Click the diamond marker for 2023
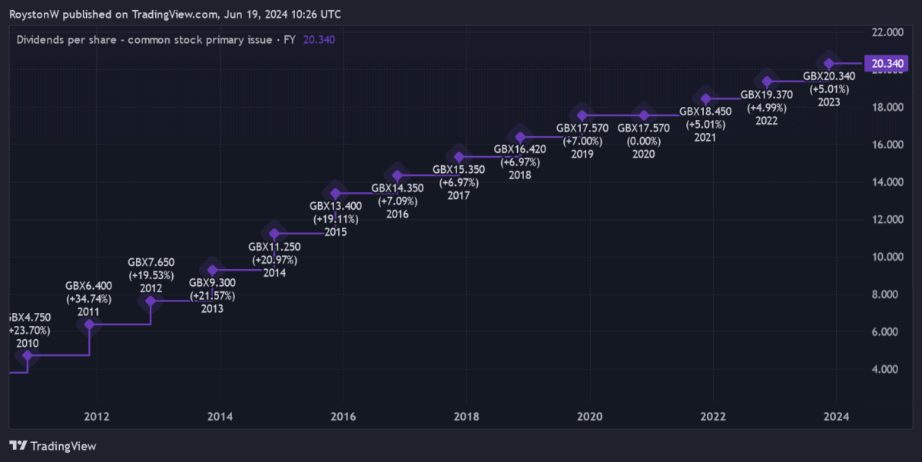(829, 64)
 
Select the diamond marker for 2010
(28, 356)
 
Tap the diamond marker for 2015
(335, 193)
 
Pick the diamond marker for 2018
(520, 138)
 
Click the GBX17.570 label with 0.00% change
(643, 128)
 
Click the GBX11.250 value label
(274, 247)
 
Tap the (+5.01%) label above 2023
(828, 89)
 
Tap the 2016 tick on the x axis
(343, 417)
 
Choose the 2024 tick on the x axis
(836, 417)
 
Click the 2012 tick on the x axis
(96, 417)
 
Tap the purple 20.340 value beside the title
(319, 39)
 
